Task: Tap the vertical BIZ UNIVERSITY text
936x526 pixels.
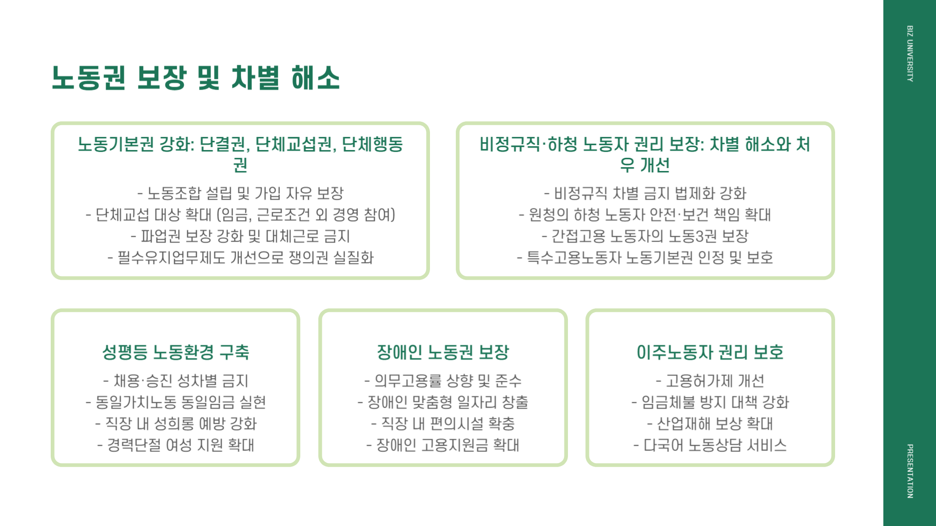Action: pos(910,54)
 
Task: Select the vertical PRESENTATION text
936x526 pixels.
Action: pos(910,471)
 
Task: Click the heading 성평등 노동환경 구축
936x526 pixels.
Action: pos(175,352)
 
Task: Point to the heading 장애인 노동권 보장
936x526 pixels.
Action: pos(443,352)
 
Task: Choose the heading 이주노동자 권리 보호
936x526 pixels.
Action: pos(710,352)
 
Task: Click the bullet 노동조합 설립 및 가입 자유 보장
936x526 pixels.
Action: pos(240,193)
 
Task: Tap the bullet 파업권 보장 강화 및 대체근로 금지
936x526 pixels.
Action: pos(240,236)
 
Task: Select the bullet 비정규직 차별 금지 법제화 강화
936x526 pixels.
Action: pos(645,193)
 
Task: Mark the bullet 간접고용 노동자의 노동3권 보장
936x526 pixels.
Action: pos(645,236)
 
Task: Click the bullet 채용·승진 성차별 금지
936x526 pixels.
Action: pos(175,381)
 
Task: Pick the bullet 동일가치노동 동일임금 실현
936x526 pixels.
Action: pos(175,402)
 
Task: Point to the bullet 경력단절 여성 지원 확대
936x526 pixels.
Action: pos(175,445)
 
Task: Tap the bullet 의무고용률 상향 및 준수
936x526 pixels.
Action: pos(443,381)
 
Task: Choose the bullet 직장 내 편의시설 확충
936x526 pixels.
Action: pos(443,424)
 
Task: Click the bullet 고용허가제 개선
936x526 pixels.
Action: pos(710,381)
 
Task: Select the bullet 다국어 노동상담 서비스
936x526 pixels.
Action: pos(710,445)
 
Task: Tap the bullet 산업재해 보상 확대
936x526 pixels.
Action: pos(710,424)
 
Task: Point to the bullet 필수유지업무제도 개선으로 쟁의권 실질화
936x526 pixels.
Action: pos(240,258)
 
